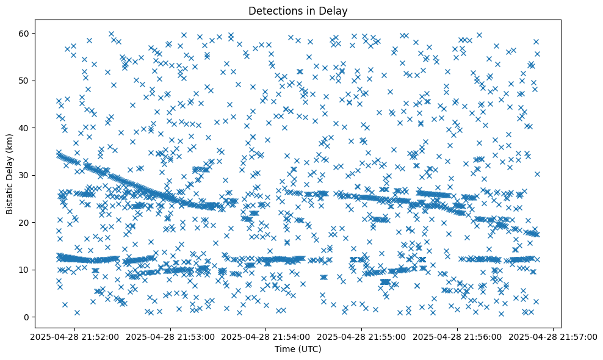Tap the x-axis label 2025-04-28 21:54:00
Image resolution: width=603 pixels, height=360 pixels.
266,336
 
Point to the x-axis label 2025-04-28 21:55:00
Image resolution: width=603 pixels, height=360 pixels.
362,336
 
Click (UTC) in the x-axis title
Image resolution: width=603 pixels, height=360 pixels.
312,349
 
